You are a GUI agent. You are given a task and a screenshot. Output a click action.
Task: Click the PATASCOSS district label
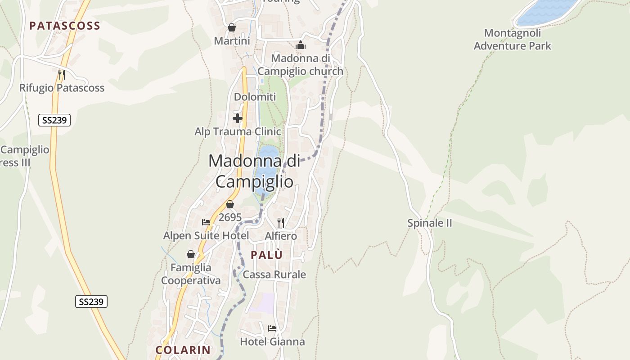[65, 26]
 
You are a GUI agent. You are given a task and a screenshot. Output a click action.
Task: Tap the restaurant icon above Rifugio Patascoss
[62, 74]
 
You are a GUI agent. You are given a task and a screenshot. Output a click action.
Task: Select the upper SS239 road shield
[54, 120]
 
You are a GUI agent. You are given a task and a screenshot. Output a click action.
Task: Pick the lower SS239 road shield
[91, 301]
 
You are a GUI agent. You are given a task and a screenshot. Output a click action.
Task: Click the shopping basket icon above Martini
[232, 27]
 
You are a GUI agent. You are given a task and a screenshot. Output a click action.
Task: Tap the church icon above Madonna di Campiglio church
[301, 45]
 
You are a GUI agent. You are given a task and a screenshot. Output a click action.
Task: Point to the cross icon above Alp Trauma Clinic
[238, 118]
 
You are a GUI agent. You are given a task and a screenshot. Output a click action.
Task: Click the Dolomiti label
[255, 97]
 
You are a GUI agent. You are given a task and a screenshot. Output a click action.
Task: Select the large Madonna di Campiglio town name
[254, 171]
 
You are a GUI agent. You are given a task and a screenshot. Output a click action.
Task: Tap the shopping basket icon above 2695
[230, 204]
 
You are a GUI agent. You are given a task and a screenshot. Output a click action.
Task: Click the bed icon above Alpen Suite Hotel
[206, 222]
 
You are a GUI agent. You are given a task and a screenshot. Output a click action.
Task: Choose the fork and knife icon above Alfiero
[281, 222]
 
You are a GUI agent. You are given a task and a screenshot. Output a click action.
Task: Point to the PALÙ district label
[267, 255]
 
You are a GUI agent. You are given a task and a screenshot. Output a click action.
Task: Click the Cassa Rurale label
[274, 274]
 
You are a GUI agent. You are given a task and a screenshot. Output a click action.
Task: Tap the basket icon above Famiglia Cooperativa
[191, 254]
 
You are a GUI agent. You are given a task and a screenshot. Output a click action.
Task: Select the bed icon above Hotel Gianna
[272, 328]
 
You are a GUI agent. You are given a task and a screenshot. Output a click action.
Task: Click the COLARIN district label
[183, 350]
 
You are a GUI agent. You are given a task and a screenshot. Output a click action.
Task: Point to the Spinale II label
[429, 223]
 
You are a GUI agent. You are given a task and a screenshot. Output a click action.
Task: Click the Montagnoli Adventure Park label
[513, 39]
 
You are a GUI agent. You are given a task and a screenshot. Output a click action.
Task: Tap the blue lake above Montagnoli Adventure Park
[547, 11]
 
